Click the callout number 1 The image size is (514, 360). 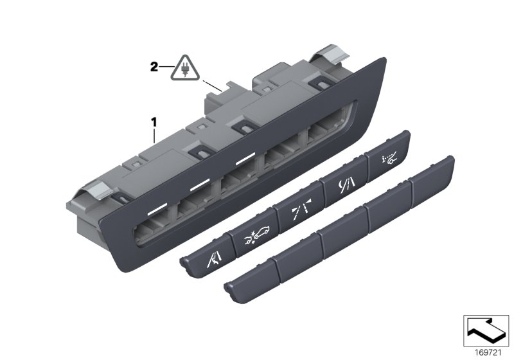coord(154,120)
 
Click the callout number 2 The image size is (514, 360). coord(154,66)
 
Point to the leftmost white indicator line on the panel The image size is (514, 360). coord(157,210)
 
